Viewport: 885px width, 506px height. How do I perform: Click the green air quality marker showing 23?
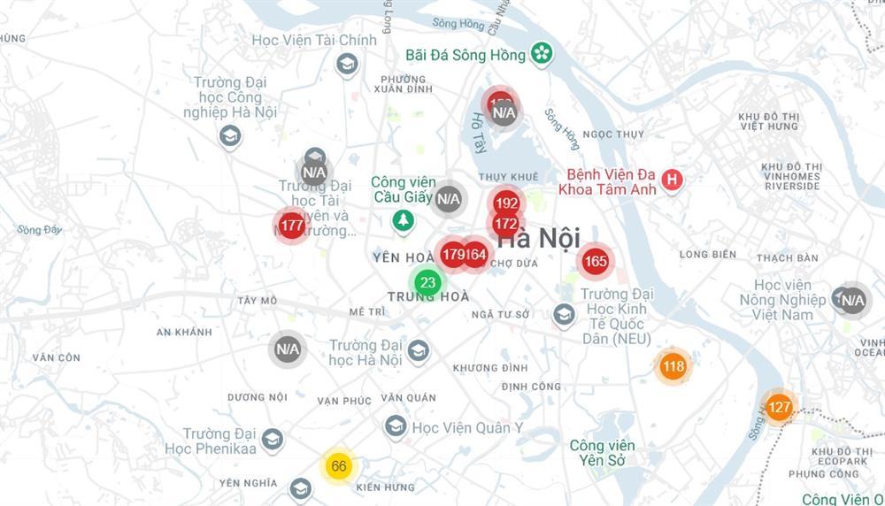[428, 283]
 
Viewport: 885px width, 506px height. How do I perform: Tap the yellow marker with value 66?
[338, 466]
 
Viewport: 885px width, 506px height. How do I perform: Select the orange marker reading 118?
[673, 366]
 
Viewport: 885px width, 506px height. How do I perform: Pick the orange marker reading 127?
[779, 408]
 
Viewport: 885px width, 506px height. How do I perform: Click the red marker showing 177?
[292, 226]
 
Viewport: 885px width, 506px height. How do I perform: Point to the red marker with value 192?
[506, 203]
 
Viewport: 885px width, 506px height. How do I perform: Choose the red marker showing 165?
[596, 261]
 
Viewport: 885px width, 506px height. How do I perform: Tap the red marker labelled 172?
[505, 224]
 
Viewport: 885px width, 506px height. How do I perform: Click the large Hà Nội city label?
[539, 238]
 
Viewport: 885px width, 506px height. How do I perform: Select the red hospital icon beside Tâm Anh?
[673, 180]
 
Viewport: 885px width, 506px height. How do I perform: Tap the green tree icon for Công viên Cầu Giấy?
[404, 218]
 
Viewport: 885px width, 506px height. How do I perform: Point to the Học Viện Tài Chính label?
[314, 40]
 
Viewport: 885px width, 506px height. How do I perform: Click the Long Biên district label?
[708, 255]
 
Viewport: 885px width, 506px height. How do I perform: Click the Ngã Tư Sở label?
[501, 315]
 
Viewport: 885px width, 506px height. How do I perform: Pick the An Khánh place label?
[184, 332]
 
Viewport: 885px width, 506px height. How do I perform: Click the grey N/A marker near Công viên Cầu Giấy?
[449, 199]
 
